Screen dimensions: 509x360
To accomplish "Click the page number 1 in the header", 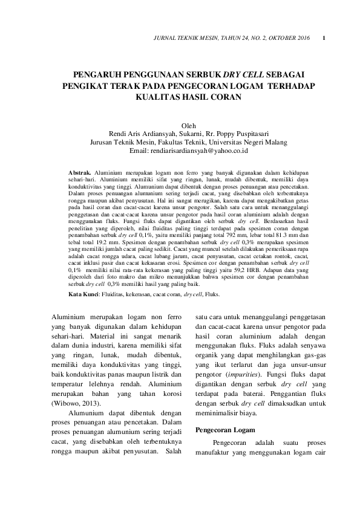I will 325,39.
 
